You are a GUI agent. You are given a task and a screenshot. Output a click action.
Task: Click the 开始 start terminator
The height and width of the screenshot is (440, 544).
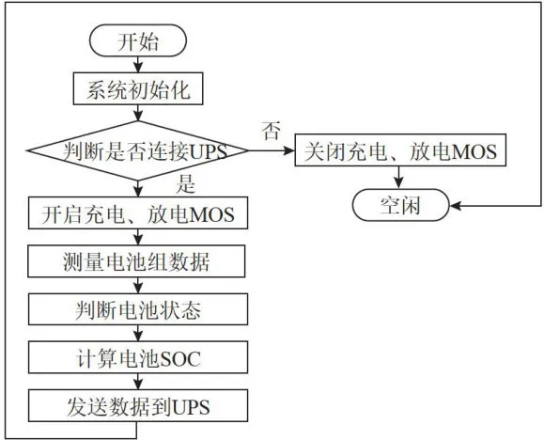tap(138, 40)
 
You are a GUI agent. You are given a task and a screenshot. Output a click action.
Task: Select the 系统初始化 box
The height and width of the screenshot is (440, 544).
tap(138, 88)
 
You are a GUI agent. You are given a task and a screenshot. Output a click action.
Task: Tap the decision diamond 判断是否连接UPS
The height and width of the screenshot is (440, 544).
tap(138, 150)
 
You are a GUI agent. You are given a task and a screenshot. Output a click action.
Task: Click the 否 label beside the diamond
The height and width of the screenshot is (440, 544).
tap(271, 131)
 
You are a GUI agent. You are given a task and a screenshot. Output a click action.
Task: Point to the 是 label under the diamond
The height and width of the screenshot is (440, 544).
tap(186, 183)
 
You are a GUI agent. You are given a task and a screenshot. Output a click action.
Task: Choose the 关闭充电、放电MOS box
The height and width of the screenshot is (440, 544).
tap(400, 149)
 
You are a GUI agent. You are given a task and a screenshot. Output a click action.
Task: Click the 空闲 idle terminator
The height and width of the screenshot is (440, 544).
tap(400, 205)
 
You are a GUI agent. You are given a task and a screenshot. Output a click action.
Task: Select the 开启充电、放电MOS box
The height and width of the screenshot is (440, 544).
tap(138, 212)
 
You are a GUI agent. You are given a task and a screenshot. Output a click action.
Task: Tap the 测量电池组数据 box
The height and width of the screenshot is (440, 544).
tap(136, 261)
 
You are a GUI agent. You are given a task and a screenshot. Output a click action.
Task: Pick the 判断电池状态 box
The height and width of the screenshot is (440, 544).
tap(138, 309)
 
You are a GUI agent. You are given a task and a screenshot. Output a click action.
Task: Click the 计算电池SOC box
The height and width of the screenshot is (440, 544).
tap(138, 357)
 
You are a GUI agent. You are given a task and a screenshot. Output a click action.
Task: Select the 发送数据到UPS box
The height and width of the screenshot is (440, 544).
tap(138, 405)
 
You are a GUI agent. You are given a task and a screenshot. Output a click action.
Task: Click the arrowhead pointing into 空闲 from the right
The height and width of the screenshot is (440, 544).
tap(455, 206)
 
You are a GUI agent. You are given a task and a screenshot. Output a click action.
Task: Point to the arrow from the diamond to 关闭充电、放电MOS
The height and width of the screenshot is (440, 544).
tap(272, 150)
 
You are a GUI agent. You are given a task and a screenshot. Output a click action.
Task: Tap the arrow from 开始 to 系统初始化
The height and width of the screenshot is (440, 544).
tap(138, 64)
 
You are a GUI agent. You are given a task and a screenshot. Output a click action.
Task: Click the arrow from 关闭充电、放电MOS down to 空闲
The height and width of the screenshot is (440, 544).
tap(399, 178)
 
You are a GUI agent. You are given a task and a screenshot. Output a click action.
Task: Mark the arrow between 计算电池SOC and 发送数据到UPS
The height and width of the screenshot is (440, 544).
tap(138, 382)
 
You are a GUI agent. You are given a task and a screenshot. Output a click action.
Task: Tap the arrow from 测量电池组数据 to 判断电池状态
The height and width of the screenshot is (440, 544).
tap(138, 286)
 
